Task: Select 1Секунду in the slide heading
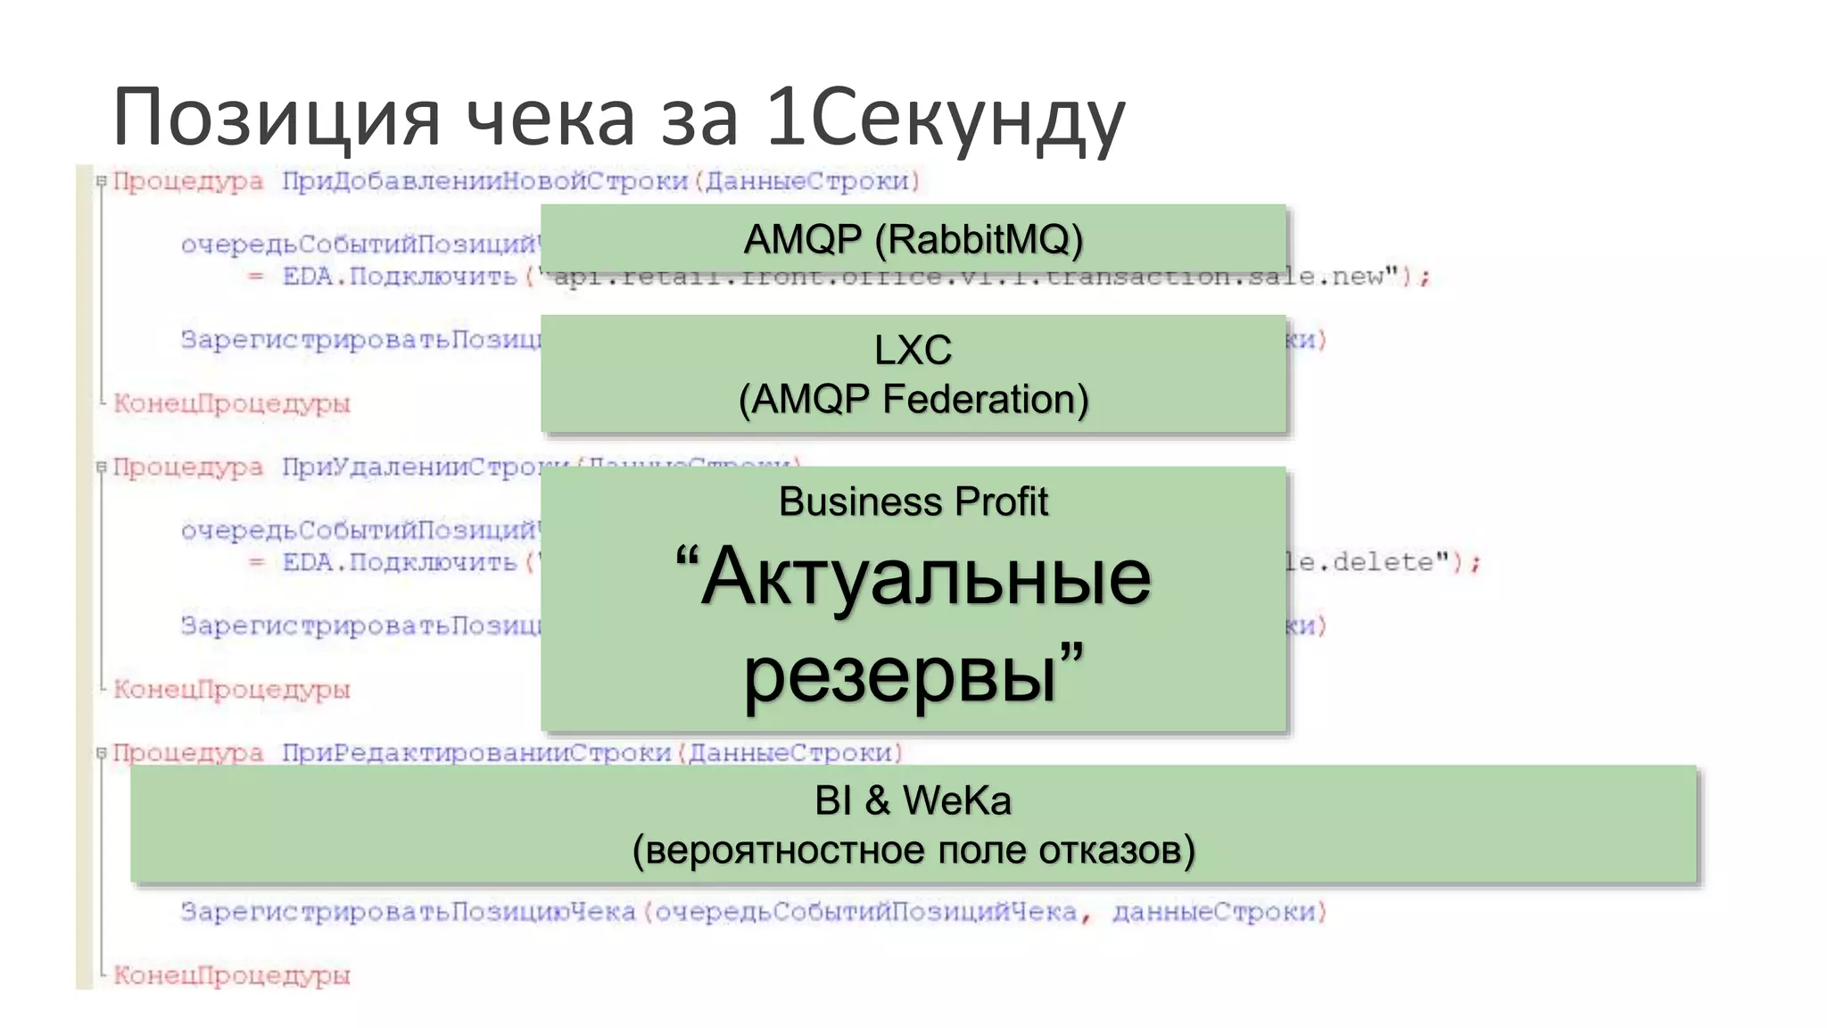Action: [946, 118]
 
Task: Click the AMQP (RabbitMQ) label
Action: [913, 239]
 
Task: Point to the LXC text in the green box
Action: [913, 350]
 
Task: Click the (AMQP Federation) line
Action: [913, 399]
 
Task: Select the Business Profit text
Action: [913, 502]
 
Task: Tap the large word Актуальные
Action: [925, 577]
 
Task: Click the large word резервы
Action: [901, 676]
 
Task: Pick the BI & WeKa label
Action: [913, 800]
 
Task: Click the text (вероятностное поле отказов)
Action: [913, 850]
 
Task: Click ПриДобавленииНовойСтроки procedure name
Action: [485, 181]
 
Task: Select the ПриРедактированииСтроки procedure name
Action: [476, 753]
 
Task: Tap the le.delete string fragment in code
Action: [1365, 562]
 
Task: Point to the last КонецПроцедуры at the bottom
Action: [232, 975]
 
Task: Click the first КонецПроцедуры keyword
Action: [232, 403]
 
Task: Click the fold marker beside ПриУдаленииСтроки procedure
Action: [102, 467]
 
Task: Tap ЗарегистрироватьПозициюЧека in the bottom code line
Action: [408, 912]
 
